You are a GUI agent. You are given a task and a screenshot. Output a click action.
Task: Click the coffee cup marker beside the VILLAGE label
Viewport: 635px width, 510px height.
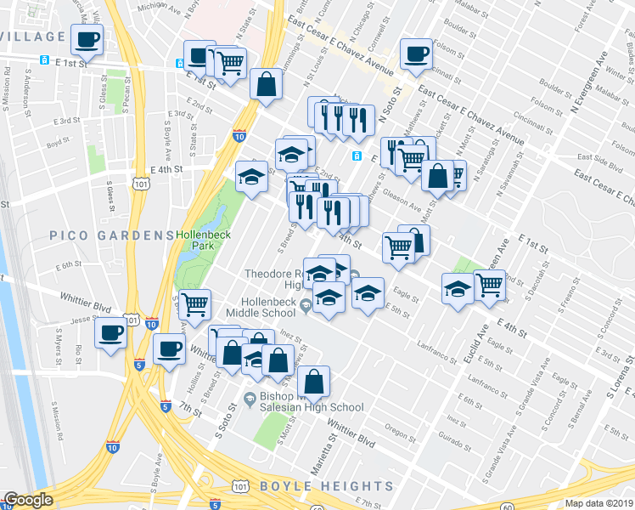[x=87, y=38]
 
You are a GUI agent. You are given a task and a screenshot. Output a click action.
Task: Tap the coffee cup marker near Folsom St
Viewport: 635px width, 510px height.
[x=416, y=54]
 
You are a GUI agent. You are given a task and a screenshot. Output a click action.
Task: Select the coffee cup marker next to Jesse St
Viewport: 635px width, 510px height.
[x=110, y=332]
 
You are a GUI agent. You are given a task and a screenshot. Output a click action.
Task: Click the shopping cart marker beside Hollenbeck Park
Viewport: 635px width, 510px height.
[x=194, y=303]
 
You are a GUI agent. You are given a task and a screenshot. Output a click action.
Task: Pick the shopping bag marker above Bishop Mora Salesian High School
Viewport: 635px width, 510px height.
[x=313, y=382]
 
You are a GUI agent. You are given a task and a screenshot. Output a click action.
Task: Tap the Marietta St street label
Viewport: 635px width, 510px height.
[x=329, y=432]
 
